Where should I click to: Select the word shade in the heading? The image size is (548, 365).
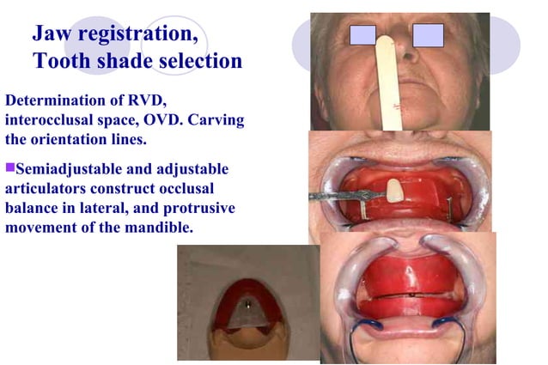coord(115,62)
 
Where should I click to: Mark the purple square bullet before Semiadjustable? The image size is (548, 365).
coord(10,167)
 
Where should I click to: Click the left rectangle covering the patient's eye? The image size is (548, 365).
coord(363,35)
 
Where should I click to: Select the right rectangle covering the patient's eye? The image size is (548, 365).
coord(428,35)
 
